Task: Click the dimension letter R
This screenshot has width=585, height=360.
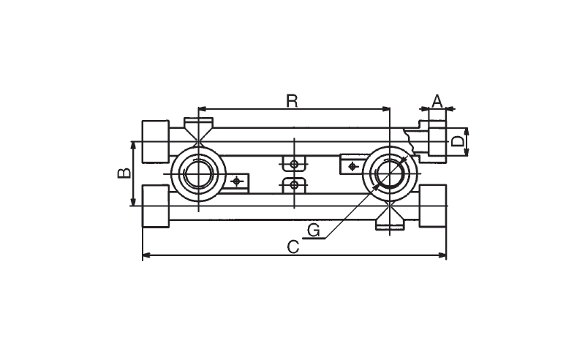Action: tap(292, 101)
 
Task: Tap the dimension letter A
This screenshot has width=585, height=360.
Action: tap(437, 101)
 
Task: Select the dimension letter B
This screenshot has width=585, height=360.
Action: tap(124, 173)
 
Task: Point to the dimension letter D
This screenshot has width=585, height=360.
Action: tap(457, 141)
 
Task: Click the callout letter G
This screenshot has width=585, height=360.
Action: tap(314, 230)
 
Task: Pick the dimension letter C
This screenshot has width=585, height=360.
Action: tap(293, 247)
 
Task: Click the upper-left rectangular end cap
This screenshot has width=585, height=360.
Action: tap(155, 141)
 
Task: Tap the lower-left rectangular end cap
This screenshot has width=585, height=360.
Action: tap(155, 206)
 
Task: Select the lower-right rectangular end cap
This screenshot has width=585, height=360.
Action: tap(433, 206)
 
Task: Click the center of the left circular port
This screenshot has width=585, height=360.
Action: tap(198, 174)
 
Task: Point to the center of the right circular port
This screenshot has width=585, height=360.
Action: tap(390, 174)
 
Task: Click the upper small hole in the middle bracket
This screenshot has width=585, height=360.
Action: tap(294, 164)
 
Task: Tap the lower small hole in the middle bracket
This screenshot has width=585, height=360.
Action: tap(294, 184)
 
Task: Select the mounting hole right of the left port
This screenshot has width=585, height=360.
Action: tap(235, 182)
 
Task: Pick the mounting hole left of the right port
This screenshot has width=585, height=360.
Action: tap(352, 166)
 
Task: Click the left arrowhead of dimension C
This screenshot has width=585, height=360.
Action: tap(146, 255)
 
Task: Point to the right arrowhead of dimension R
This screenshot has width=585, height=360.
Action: tap(386, 109)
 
